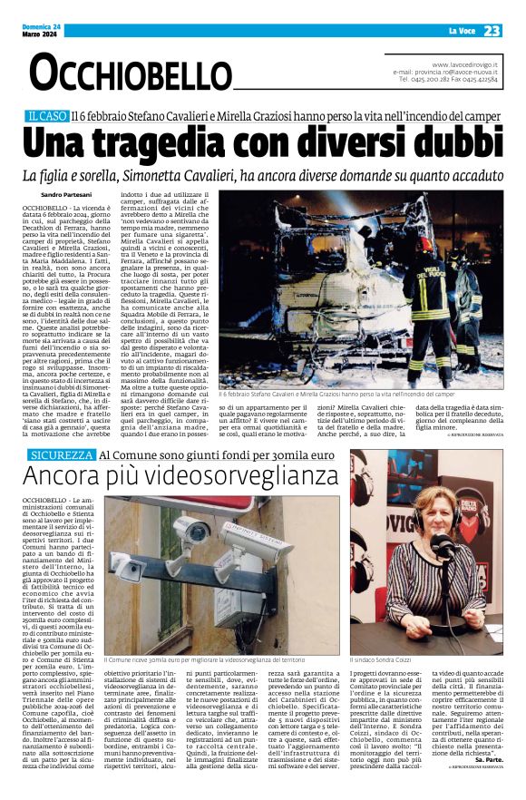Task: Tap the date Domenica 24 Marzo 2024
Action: click(x=43, y=31)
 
